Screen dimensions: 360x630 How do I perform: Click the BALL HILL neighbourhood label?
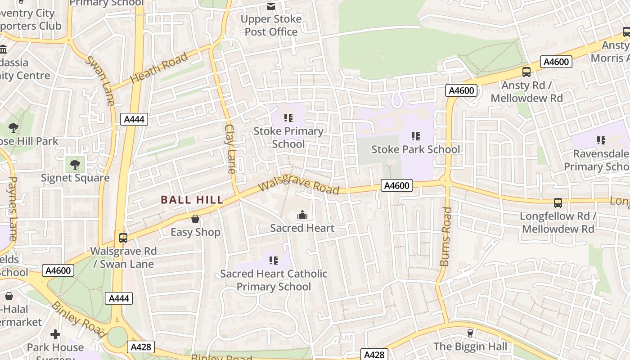pyautogui.click(x=192, y=200)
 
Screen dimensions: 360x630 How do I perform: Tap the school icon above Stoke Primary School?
pyautogui.click(x=288, y=118)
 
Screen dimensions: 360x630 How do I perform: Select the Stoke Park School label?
pyautogui.click(x=415, y=149)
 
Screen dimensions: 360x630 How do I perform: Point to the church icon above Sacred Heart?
pyautogui.click(x=302, y=215)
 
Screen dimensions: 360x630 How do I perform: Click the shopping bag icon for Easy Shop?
pyautogui.click(x=195, y=219)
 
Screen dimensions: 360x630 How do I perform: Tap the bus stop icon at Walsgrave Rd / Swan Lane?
pyautogui.click(x=123, y=238)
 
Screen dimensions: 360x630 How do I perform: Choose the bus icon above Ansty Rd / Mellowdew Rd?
pyautogui.click(x=526, y=72)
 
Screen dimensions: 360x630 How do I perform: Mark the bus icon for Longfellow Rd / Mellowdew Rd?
pyautogui.click(x=558, y=203)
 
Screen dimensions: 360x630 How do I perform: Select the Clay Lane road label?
pyautogui.click(x=230, y=148)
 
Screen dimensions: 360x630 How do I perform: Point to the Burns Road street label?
pyautogui.click(x=445, y=236)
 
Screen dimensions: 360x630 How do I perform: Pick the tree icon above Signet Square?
pyautogui.click(x=75, y=164)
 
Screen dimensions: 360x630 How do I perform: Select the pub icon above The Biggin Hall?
pyautogui.click(x=470, y=333)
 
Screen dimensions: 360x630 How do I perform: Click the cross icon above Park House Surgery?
pyautogui.click(x=55, y=334)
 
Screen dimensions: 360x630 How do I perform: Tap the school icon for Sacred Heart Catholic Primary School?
pyautogui.click(x=273, y=261)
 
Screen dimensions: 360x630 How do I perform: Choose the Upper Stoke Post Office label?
pyautogui.click(x=271, y=25)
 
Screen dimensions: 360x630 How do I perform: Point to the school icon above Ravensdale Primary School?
pyautogui.click(x=601, y=140)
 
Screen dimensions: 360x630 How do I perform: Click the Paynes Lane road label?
pyautogui.click(x=12, y=208)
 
